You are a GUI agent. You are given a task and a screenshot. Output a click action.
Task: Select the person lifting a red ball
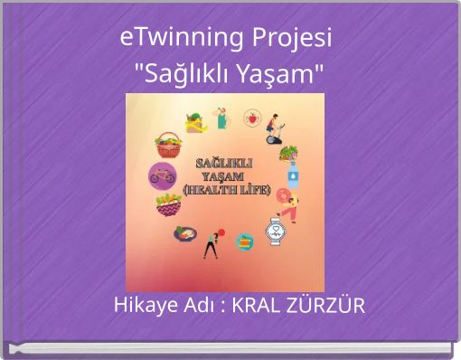coord(212,244)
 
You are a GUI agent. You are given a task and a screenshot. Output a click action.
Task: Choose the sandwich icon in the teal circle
coord(244,242)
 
